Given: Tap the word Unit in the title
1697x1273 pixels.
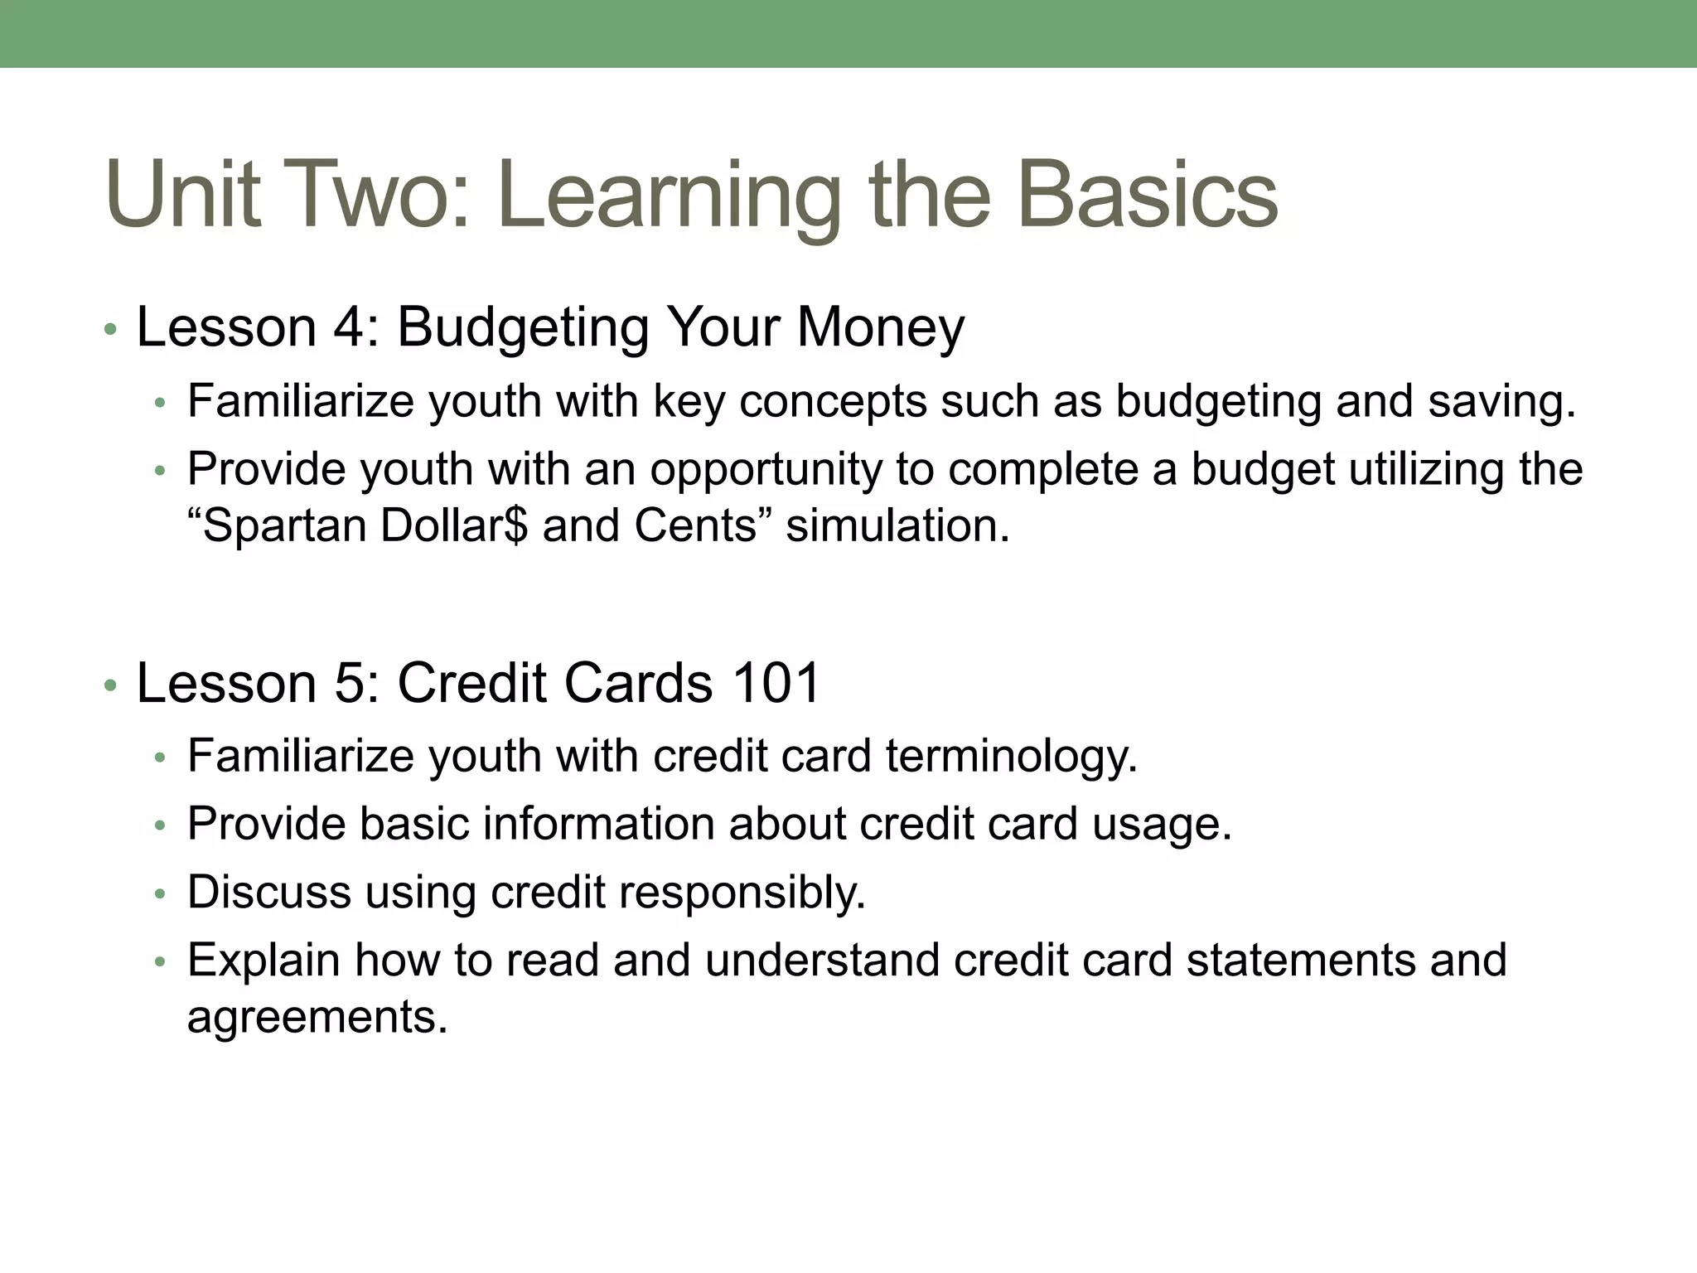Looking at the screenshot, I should (x=183, y=196).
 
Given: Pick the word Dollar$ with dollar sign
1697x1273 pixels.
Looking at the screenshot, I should (x=453, y=525).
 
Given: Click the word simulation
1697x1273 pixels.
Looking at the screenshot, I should (x=897, y=525).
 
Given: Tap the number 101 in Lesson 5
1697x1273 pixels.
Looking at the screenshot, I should (x=776, y=683).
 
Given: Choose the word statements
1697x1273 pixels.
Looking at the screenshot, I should (x=1300, y=960).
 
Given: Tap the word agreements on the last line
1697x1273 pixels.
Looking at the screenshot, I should (x=317, y=1017).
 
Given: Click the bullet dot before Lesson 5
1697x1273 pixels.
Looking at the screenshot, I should (x=110, y=687).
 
